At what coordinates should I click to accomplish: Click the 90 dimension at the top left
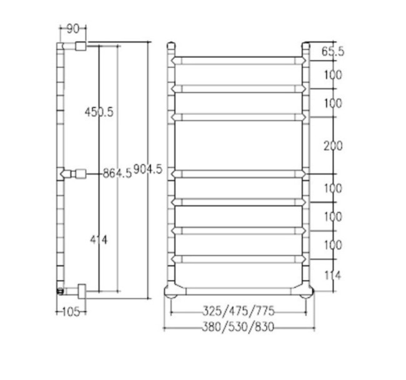coord(72,29)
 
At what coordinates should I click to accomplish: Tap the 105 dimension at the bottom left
coord(71,312)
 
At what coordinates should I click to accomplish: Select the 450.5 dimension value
coord(99,112)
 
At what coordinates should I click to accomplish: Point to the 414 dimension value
coord(99,240)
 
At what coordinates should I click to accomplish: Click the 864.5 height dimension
coord(117,173)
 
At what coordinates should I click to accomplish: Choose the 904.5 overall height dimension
coord(148,169)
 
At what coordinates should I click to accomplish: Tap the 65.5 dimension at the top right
coord(333,51)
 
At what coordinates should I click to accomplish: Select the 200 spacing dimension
coord(333,146)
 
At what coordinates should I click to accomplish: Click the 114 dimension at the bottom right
coord(333,275)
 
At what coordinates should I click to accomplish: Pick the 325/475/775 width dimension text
coord(238,311)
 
